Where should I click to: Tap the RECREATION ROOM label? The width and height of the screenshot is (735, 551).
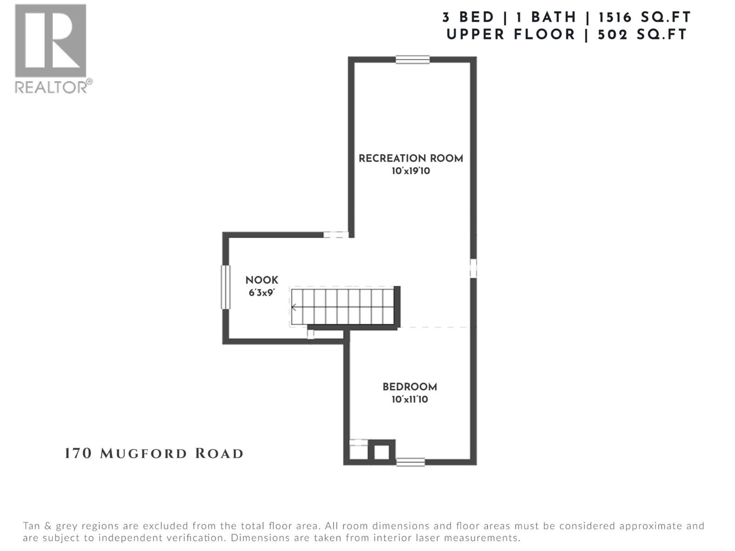[x=411, y=158]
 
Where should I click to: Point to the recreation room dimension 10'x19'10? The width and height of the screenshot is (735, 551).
[x=411, y=171]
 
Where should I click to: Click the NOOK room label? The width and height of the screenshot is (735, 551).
[x=262, y=280]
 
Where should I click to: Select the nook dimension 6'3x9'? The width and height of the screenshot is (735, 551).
[x=262, y=292]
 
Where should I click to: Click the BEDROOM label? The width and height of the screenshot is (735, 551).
[x=410, y=387]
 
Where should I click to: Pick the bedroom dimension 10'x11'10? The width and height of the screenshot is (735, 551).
[x=410, y=399]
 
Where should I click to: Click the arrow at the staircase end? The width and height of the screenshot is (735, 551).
[x=294, y=307]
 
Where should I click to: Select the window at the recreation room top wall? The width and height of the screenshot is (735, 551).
[x=413, y=59]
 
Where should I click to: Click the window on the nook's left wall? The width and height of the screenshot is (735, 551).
[x=225, y=287]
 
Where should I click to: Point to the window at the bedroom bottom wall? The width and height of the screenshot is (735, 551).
[x=410, y=462]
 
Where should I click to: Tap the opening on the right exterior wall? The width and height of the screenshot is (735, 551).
[x=473, y=268]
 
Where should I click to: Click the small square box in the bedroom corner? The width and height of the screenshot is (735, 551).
[x=381, y=453]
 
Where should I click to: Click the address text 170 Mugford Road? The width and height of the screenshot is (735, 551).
[x=154, y=454]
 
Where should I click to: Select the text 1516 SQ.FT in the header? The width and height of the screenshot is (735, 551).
[x=645, y=17]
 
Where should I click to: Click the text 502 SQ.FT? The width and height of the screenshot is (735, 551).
[x=642, y=34]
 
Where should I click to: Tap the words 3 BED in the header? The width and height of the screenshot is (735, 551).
[x=468, y=17]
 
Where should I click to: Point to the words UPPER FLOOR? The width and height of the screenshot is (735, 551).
[x=510, y=34]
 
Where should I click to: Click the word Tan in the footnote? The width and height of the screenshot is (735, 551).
[x=32, y=526]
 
